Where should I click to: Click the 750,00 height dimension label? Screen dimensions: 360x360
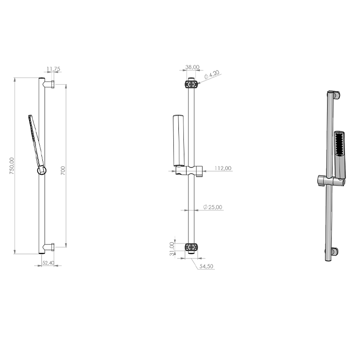[12, 166]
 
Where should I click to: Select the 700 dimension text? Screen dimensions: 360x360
[63, 170]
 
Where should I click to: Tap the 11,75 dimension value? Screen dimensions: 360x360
[53, 69]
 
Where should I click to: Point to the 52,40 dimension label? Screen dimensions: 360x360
[48, 263]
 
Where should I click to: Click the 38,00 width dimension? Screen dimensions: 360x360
[193, 67]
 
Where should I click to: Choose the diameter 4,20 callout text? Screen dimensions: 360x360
[212, 75]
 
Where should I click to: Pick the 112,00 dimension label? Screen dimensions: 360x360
[223, 168]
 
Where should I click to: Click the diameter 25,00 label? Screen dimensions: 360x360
[213, 207]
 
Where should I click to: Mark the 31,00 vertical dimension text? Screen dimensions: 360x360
[172, 249]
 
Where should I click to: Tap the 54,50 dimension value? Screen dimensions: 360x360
[206, 266]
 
